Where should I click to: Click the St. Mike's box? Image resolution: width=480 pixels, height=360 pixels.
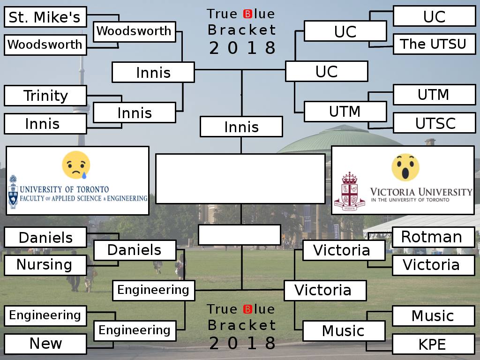(45, 17)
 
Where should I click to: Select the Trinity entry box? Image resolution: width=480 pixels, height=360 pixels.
(45, 96)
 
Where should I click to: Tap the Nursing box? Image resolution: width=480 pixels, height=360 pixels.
(45, 265)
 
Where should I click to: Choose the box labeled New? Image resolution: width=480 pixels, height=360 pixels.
(45, 344)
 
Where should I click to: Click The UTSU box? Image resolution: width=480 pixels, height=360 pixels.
(434, 44)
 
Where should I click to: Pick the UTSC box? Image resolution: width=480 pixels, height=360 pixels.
(434, 123)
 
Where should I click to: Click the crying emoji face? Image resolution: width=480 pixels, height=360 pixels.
(76, 165)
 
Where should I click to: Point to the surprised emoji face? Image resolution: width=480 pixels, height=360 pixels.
(405, 167)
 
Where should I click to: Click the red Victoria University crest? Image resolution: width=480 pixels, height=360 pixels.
(349, 192)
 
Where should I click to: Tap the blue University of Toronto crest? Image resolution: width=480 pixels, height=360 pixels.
(13, 192)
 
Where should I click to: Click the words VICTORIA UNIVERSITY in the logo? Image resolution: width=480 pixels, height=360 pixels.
(421, 192)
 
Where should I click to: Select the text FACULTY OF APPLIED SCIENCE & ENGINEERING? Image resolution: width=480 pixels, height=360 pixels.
(84, 199)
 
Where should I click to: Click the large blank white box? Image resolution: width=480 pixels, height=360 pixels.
(240, 179)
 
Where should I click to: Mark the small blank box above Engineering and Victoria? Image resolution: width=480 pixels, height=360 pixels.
(239, 235)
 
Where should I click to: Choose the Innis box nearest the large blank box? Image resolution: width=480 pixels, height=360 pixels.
(241, 127)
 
